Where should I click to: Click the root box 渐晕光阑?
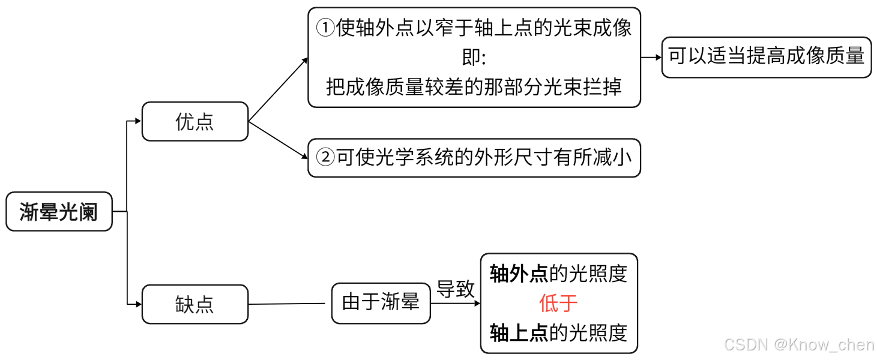click(x=59, y=212)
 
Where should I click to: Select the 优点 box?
click(x=194, y=121)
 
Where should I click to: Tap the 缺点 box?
click(x=194, y=304)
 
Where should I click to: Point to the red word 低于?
click(x=558, y=303)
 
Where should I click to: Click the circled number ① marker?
click(x=325, y=28)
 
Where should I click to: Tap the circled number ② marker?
click(x=325, y=158)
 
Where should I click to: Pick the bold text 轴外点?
click(x=519, y=274)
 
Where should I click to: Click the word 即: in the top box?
click(x=474, y=58)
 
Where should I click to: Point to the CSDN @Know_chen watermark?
click(x=798, y=344)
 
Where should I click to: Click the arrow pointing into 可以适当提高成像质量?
click(x=651, y=57)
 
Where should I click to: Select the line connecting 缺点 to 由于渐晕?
click(x=289, y=304)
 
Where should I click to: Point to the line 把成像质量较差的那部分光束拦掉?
click(x=474, y=86)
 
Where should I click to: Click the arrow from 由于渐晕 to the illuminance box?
click(x=456, y=303)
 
